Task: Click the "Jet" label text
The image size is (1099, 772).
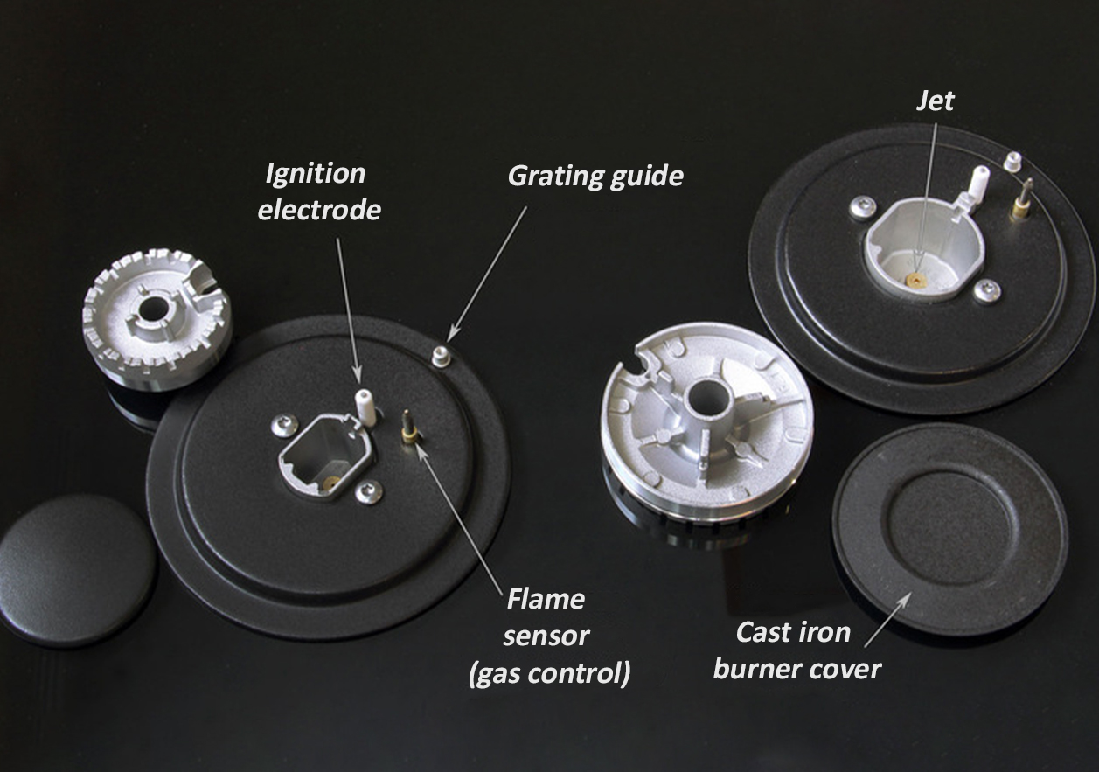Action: (x=936, y=101)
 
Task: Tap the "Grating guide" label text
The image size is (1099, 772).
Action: (x=595, y=176)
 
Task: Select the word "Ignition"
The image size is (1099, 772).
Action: (x=316, y=175)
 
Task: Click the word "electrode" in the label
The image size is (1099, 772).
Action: (x=319, y=210)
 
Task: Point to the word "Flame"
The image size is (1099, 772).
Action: (x=546, y=599)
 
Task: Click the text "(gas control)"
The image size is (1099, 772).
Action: (x=549, y=673)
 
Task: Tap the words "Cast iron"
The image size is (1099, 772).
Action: (x=793, y=632)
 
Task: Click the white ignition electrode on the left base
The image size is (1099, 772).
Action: (x=365, y=407)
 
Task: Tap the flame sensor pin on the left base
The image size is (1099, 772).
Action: (x=408, y=428)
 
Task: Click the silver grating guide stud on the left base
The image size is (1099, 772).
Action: (x=441, y=356)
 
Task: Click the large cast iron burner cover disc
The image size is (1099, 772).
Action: (x=950, y=530)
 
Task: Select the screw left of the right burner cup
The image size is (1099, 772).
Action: (x=863, y=208)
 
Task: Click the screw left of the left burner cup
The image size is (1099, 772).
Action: (x=284, y=427)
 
